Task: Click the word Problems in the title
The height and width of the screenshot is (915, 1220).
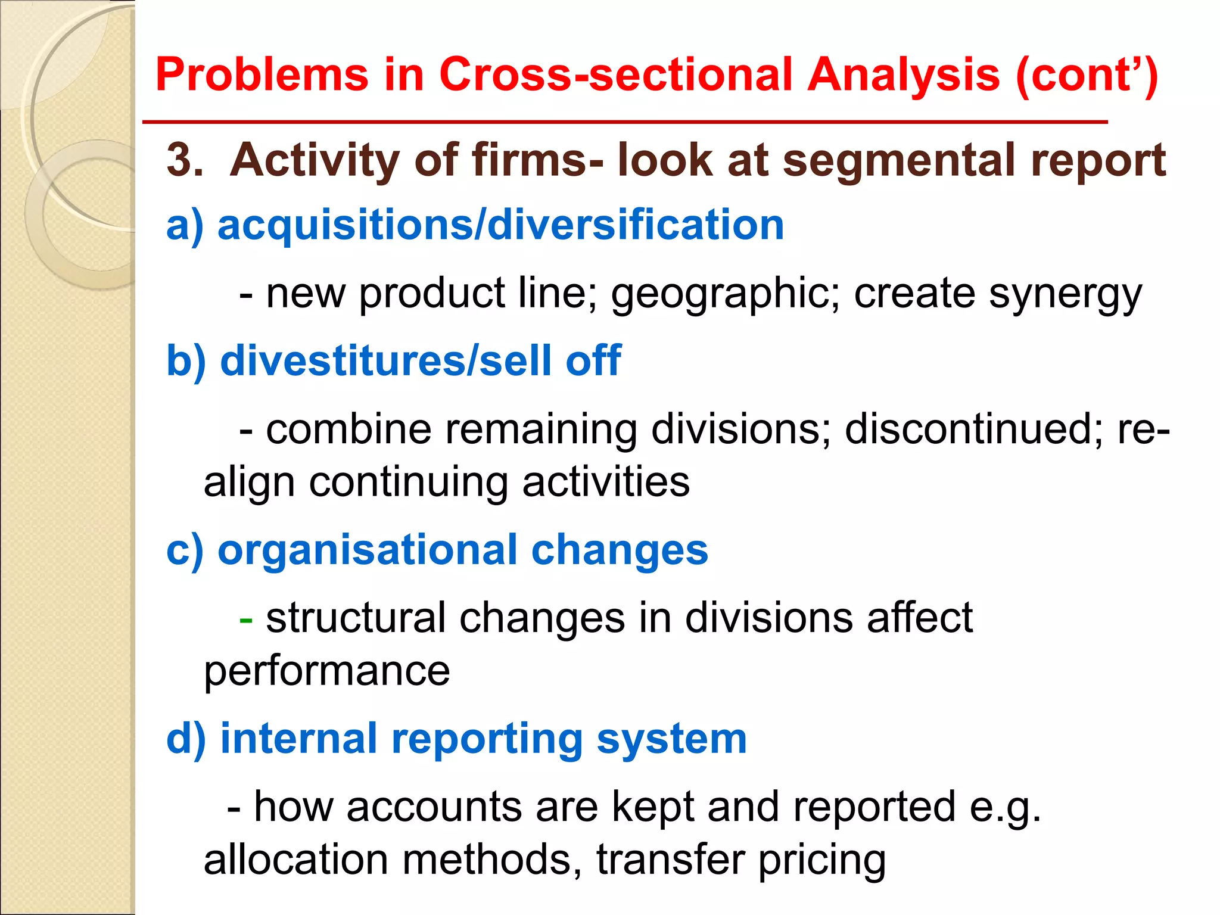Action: (262, 75)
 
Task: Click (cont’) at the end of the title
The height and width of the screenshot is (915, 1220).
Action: (1087, 76)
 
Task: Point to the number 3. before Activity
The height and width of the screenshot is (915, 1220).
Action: (185, 161)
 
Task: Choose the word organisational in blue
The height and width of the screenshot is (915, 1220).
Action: (367, 550)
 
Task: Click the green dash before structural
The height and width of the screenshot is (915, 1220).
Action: (245, 620)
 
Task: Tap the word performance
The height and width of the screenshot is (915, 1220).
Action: (326, 672)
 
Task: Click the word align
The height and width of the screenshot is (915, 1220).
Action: (249, 483)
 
